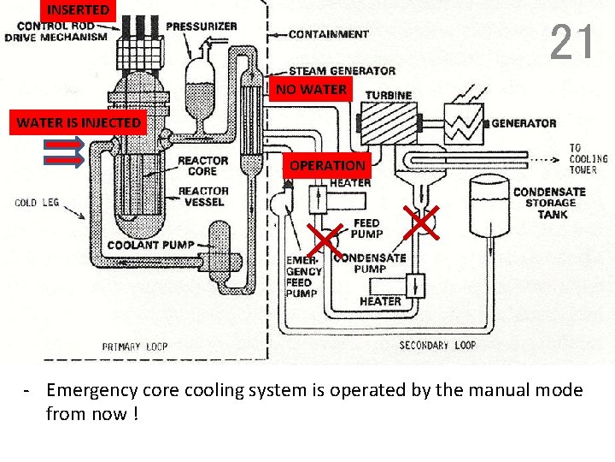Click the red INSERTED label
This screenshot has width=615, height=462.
[78, 10]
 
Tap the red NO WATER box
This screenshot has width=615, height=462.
[311, 89]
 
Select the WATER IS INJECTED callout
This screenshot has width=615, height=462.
[79, 123]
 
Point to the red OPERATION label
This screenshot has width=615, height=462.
[327, 166]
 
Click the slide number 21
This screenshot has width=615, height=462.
[571, 42]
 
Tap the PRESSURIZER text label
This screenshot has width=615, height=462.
[202, 27]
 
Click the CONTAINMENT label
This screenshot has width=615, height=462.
[329, 35]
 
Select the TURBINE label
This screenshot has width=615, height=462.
[389, 95]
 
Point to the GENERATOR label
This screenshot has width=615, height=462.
[524, 123]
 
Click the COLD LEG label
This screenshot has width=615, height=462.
[37, 203]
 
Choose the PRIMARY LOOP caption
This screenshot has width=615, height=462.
[135, 346]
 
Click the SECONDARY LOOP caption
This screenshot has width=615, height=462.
[437, 346]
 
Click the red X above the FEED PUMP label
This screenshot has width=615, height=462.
[420, 221]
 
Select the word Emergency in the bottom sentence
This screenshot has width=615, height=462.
[91, 391]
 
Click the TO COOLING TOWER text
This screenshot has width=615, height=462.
[588, 159]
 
